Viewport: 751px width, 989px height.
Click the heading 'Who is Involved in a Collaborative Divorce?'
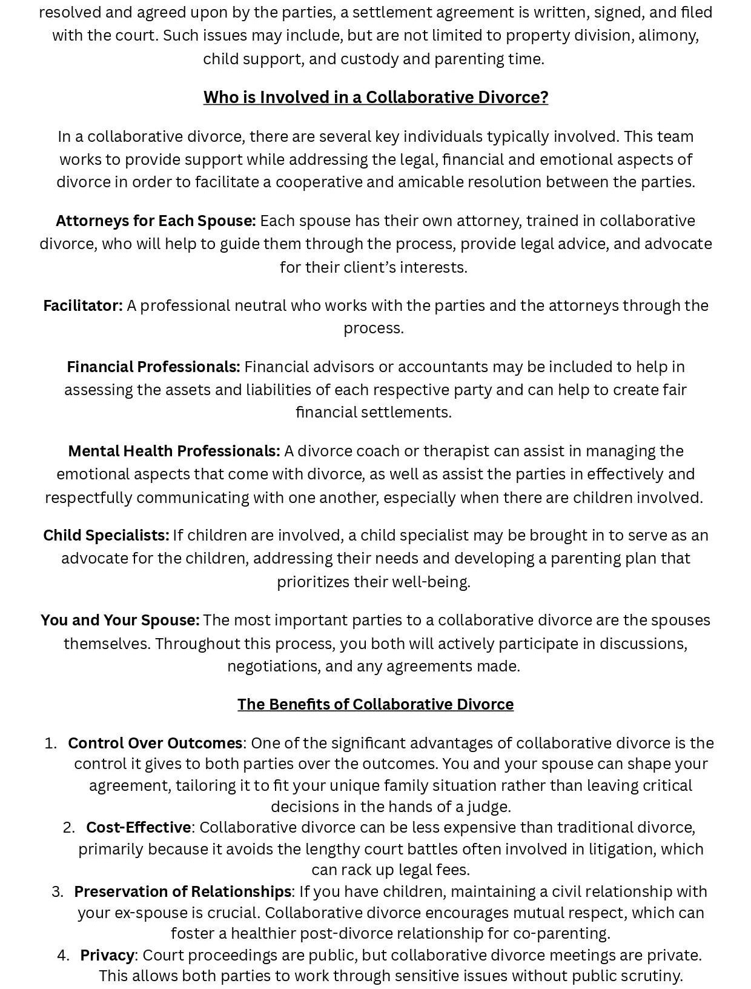point(375,97)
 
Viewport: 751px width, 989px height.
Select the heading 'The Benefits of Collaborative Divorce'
point(375,704)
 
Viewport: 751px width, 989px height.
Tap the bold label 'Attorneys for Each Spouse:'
point(156,221)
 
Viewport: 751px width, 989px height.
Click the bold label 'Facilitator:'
point(83,305)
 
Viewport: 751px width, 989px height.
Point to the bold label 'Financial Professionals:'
point(153,367)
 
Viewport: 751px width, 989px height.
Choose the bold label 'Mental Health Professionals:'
point(174,451)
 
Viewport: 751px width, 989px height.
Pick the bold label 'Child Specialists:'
point(106,536)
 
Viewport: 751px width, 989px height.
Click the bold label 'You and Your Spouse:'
point(120,621)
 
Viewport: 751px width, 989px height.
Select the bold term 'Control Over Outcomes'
point(155,743)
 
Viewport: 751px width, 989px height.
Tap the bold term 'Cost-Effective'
point(138,827)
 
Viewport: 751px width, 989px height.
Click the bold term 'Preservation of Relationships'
point(182,891)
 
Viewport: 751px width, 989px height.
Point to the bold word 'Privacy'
point(107,955)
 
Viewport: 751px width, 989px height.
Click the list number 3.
point(57,891)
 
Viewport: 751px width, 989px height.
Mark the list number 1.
point(50,743)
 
